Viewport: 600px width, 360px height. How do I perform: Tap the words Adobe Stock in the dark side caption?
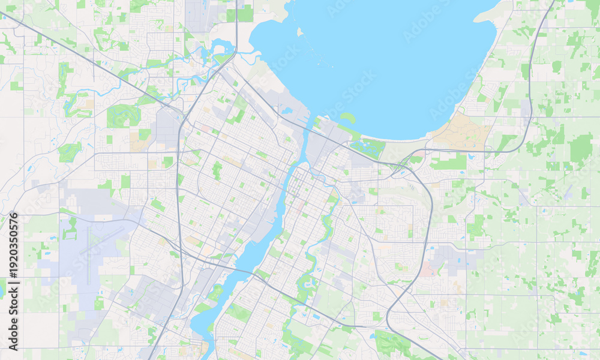(x=13, y=321)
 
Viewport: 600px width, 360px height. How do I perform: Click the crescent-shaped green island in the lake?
(x=348, y=118)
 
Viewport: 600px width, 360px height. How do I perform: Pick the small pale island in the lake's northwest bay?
(x=299, y=32)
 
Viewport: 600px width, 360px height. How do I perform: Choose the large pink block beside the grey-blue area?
(x=427, y=269)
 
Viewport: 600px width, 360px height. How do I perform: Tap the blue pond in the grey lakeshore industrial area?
(x=286, y=110)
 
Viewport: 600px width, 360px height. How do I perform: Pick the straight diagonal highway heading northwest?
(x=90, y=60)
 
